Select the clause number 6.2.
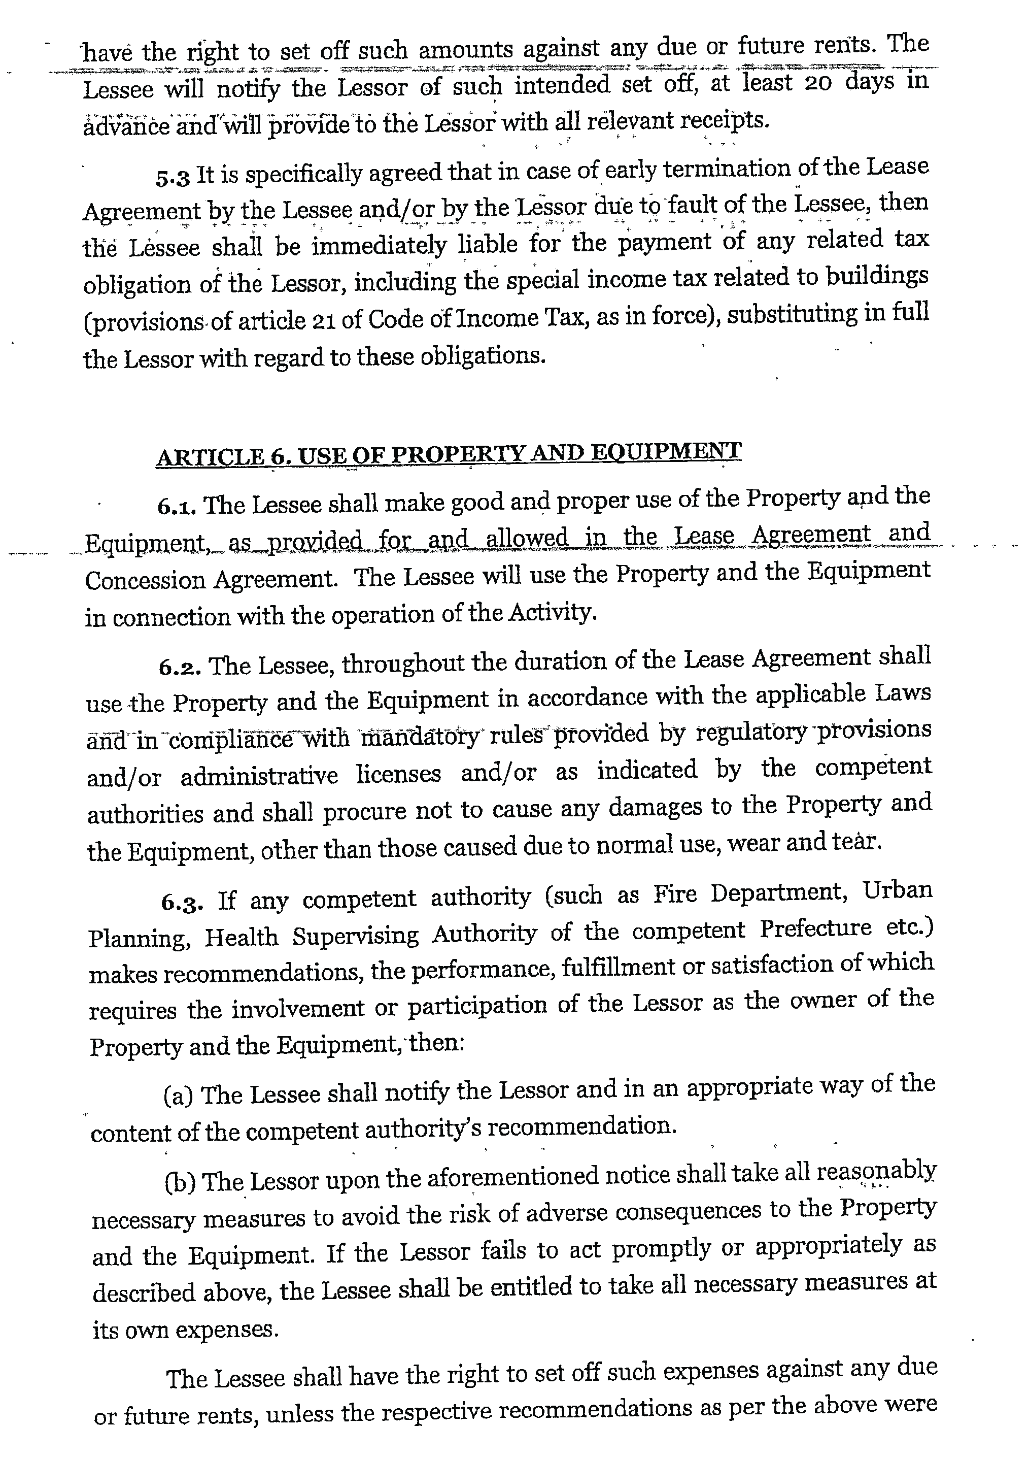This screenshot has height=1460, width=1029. point(180,667)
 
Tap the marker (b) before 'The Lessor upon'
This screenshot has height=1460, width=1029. point(180,1181)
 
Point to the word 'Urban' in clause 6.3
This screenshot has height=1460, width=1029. point(897,890)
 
